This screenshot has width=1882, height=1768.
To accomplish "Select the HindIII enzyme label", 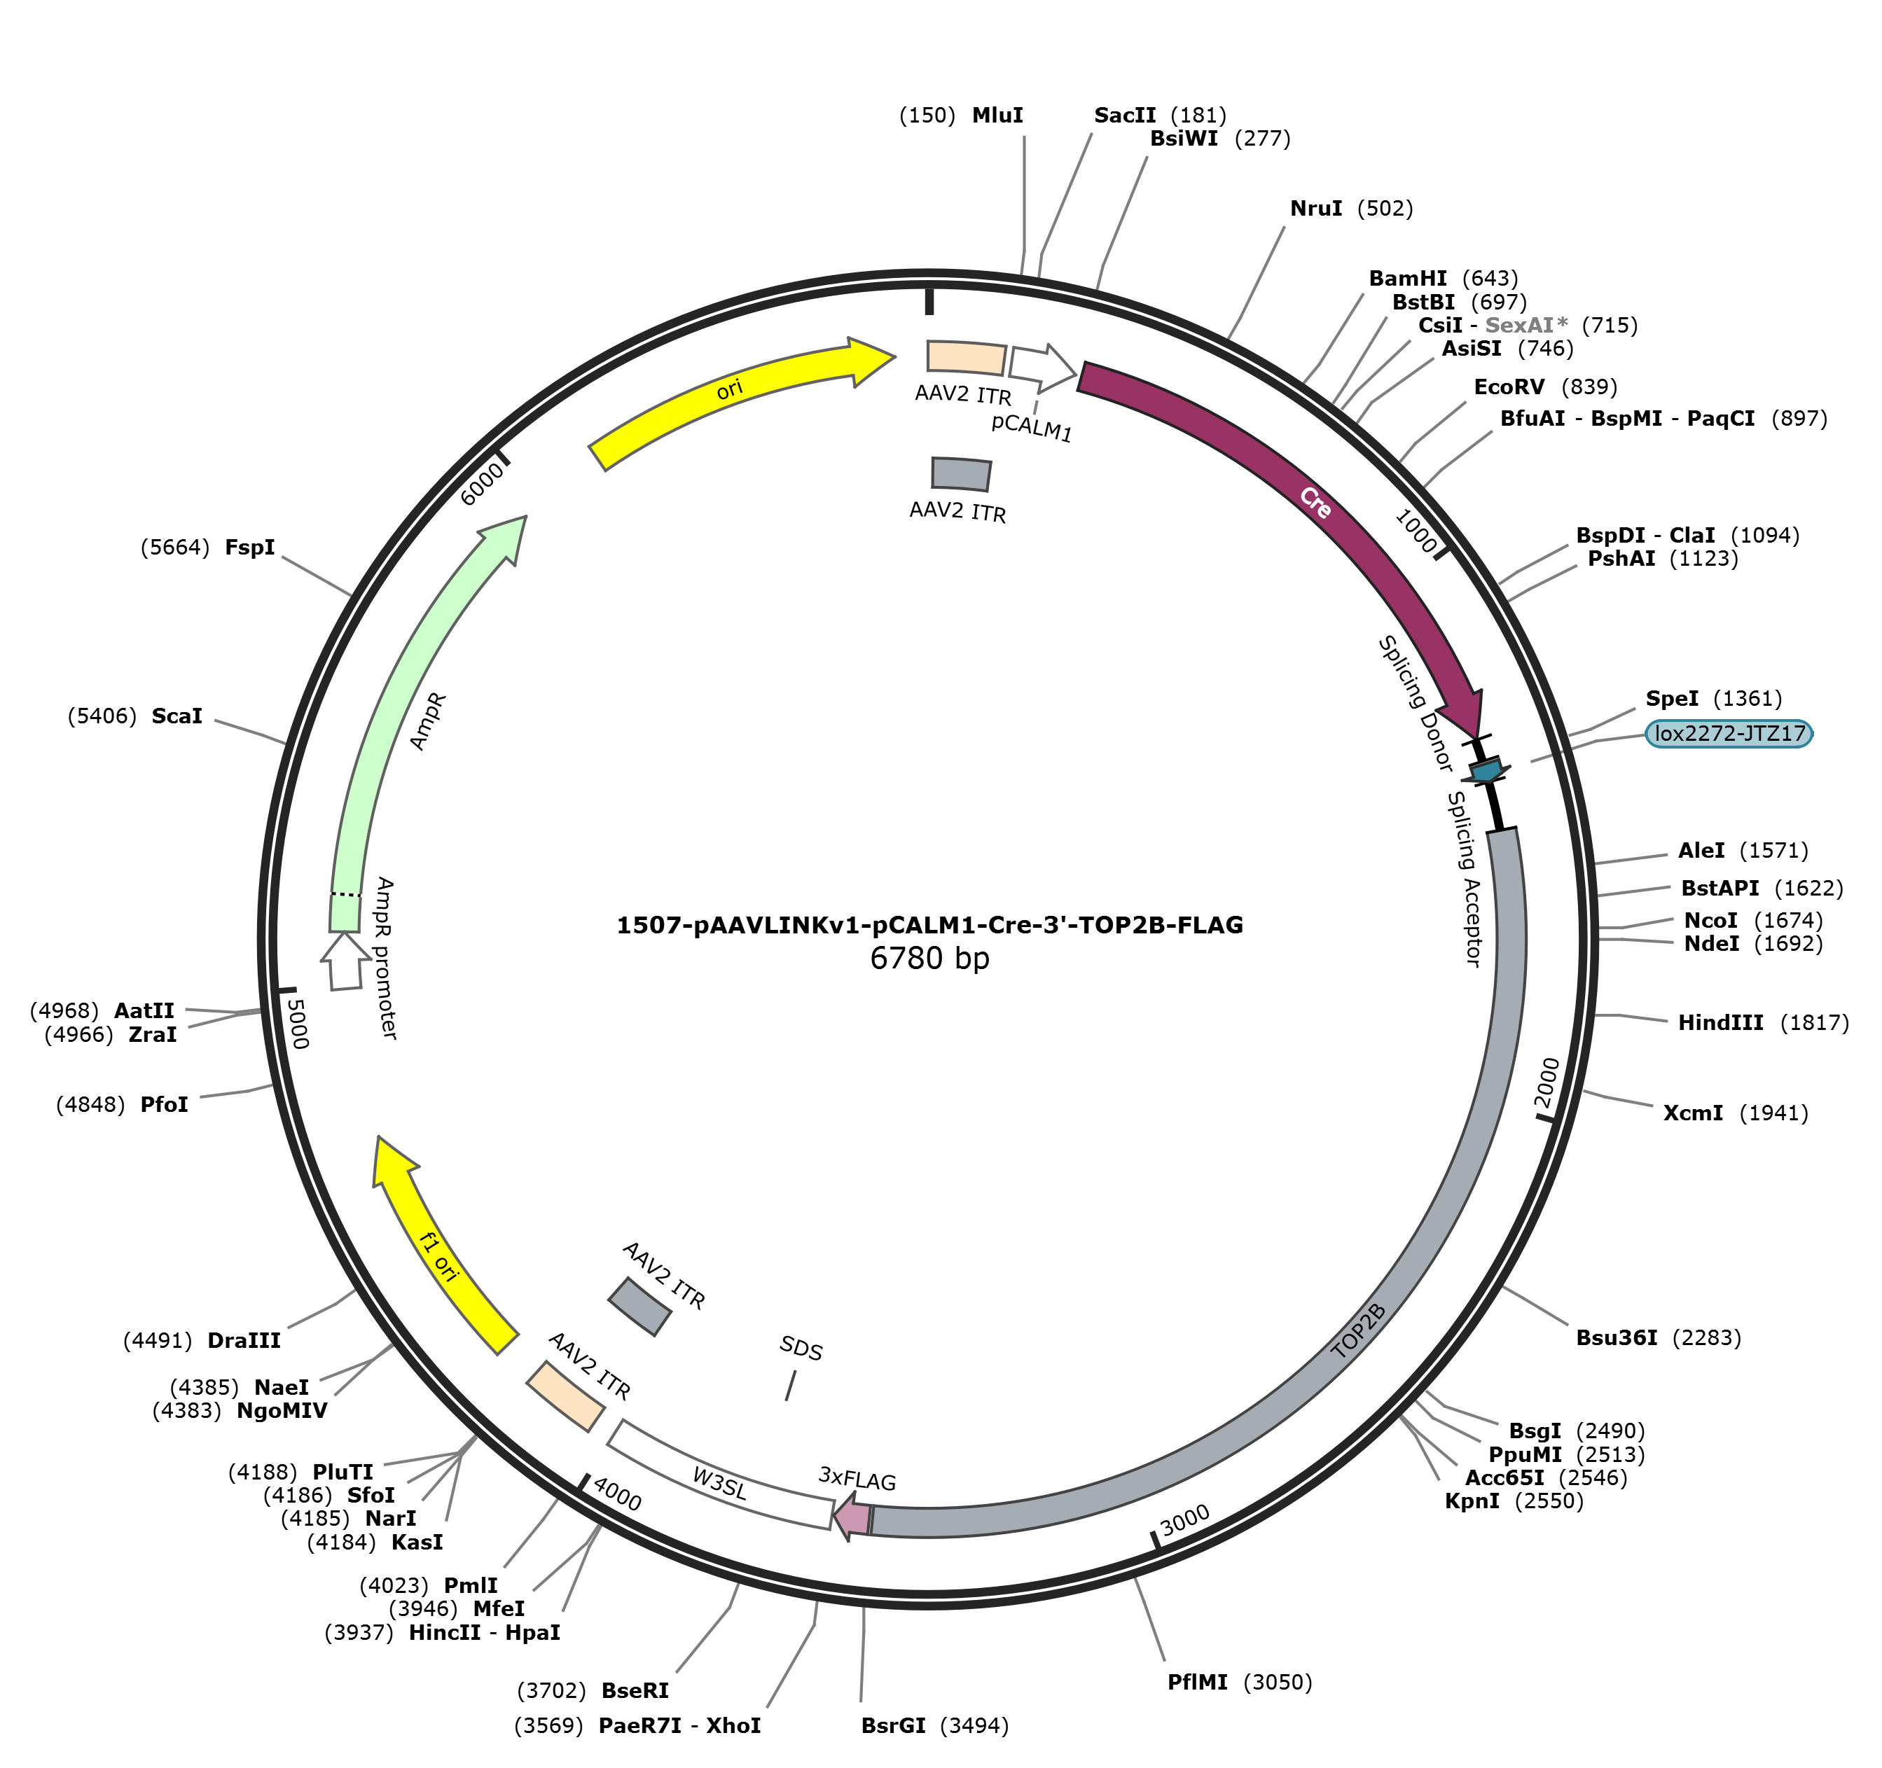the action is [1720, 1022].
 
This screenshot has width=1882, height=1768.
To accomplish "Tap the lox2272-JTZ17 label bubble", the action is [1729, 734].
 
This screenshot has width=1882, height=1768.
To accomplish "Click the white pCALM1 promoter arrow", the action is [1042, 367].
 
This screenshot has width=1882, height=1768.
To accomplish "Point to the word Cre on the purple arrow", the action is [1315, 503].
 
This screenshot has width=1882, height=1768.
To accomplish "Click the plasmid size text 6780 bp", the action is [929, 959].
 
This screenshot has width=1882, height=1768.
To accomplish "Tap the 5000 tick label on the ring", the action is [297, 1023].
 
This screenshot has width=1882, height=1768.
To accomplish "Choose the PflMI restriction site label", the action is [1198, 1682].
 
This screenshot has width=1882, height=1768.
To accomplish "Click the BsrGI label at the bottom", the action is [894, 1725].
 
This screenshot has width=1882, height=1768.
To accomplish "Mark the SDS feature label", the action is [801, 1349].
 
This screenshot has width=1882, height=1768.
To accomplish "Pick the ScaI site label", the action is [177, 716].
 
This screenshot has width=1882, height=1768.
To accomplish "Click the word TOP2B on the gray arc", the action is [1359, 1331].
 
